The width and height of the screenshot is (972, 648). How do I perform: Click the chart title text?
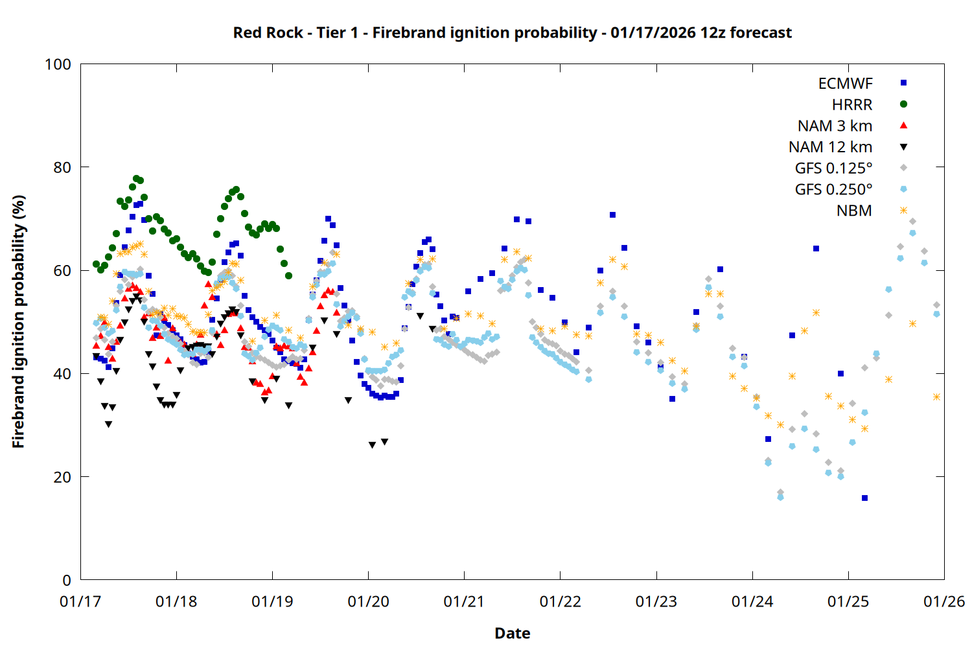point(512,32)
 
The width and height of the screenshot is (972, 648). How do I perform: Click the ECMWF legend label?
point(845,84)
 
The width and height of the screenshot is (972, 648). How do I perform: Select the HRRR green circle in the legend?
point(903,104)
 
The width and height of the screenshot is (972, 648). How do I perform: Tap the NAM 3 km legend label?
point(835,126)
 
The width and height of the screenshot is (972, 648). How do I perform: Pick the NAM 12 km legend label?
point(830,147)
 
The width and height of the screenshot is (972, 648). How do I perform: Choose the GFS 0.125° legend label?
point(833,168)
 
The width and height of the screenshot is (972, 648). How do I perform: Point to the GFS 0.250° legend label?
point(833,190)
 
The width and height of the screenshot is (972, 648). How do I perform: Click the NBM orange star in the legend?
point(903,211)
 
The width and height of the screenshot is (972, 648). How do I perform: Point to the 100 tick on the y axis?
point(58,64)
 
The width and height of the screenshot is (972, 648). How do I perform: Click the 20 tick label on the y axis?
point(62,477)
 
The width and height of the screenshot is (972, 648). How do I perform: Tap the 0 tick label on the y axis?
point(67,580)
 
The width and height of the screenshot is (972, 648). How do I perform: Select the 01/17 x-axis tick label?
point(80,602)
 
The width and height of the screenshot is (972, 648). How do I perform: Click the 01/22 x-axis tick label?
point(560,602)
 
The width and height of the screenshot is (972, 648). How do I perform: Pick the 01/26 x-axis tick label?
point(944,602)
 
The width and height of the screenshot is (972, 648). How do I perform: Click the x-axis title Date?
point(512,633)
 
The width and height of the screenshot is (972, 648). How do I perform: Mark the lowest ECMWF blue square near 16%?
point(864,498)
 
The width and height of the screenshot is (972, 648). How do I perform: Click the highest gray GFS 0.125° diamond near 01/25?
point(912,222)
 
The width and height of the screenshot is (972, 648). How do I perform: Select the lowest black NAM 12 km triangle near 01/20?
point(372,445)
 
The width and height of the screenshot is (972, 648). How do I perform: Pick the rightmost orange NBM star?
point(936,397)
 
